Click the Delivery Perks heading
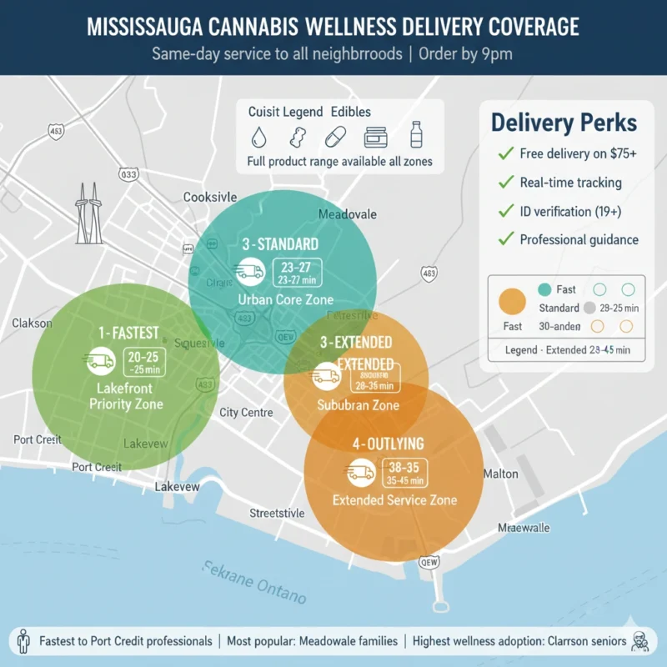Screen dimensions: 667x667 (x=564, y=123)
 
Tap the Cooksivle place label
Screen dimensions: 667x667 (x=210, y=198)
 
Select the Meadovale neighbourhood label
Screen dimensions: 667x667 (x=349, y=214)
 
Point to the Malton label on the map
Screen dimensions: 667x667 (x=500, y=474)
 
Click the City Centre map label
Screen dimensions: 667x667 (x=247, y=412)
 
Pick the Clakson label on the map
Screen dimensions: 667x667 (x=32, y=323)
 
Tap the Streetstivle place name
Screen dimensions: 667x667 (x=277, y=514)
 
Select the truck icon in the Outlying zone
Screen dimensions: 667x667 (x=360, y=473)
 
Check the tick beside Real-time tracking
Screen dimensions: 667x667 (x=504, y=182)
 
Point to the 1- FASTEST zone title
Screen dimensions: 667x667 (x=128, y=333)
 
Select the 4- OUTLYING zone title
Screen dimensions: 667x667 (x=389, y=444)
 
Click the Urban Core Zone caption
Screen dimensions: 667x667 (x=285, y=299)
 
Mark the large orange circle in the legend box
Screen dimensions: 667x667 (x=510, y=301)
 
